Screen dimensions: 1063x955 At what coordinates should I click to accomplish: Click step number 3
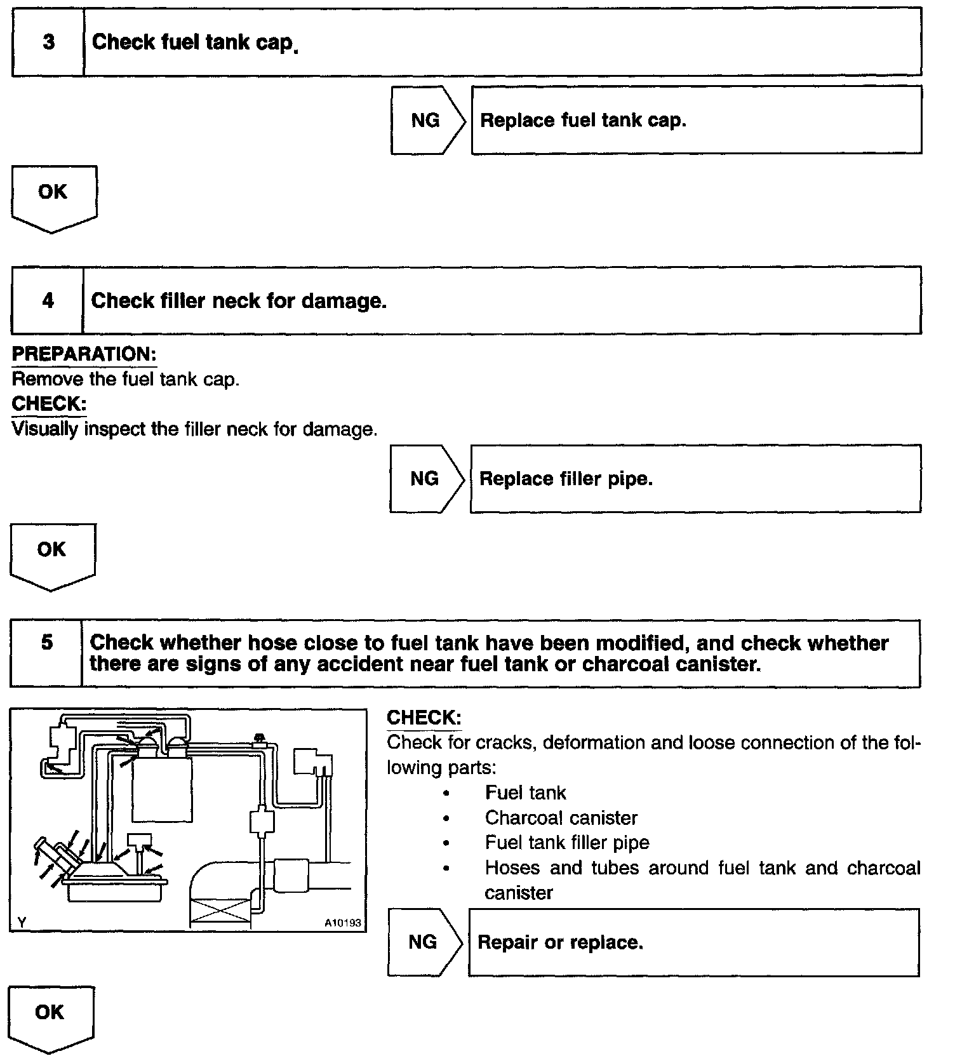tap(48, 43)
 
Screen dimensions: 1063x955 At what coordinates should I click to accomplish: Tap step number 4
tap(48, 300)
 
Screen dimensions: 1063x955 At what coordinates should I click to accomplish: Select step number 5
tap(47, 643)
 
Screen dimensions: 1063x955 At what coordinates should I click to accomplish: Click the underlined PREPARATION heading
tap(84, 354)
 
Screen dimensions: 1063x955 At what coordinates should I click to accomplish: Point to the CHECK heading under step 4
tap(48, 404)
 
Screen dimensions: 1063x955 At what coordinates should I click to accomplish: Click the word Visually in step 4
tap(45, 430)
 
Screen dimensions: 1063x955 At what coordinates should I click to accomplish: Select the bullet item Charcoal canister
tap(561, 818)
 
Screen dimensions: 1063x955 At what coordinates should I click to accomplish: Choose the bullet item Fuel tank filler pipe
tap(567, 843)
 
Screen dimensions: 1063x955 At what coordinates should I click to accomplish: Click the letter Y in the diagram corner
tap(22, 923)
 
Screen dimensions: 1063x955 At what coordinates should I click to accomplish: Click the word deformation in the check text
tap(587, 743)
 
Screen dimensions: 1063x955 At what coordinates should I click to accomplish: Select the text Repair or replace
tap(560, 942)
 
